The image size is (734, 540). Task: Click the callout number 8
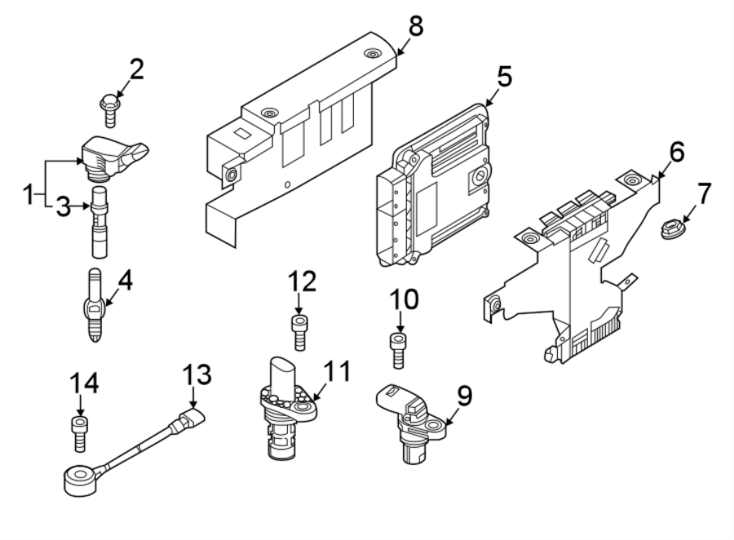416,26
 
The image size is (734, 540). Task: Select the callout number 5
504,77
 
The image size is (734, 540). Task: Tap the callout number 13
197,374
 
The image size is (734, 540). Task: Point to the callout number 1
29,194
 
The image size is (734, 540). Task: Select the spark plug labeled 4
95,305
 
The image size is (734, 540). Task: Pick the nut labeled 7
674,230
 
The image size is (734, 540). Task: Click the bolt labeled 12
299,333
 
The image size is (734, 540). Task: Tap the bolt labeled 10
398,350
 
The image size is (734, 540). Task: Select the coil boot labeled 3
99,222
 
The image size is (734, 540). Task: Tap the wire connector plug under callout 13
188,419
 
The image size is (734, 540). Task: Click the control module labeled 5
434,185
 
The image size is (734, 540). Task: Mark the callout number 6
677,152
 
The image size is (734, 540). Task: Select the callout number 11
337,371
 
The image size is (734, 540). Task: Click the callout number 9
464,396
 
